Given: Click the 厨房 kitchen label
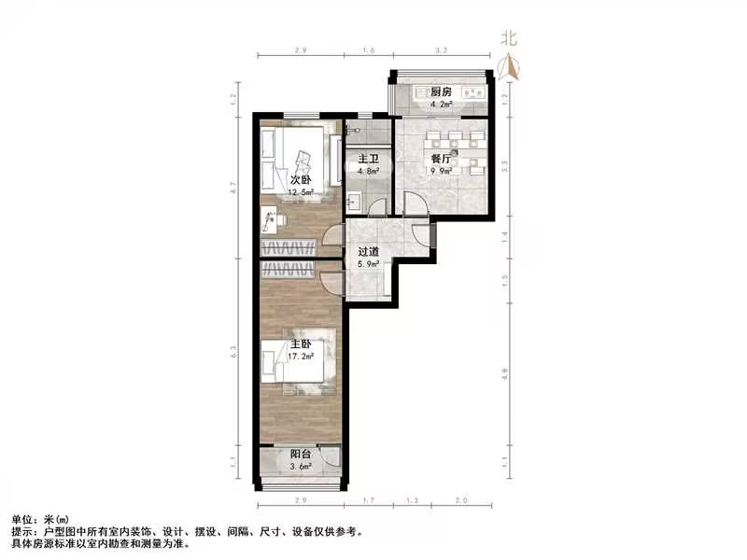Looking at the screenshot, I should (x=441, y=91).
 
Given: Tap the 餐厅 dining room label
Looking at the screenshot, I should (x=441, y=160).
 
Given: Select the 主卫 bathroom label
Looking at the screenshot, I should (x=366, y=160).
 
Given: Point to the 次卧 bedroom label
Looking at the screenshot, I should (x=300, y=179).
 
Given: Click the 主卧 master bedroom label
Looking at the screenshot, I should (x=300, y=343).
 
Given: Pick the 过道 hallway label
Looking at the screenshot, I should (x=368, y=251).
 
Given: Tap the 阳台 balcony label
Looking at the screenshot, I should (x=300, y=455).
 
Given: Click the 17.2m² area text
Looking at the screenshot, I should (x=301, y=357).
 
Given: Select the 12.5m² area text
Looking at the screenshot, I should (x=301, y=192).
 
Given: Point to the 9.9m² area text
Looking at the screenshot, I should (x=442, y=172).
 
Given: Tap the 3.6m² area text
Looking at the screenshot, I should (x=301, y=468).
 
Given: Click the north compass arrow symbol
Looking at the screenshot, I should (x=509, y=65).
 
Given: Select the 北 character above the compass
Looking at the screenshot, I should (x=509, y=38).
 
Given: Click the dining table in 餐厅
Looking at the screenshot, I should (x=452, y=155).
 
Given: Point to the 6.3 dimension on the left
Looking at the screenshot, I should (x=235, y=352).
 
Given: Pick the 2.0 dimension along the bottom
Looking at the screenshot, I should (x=461, y=502).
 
